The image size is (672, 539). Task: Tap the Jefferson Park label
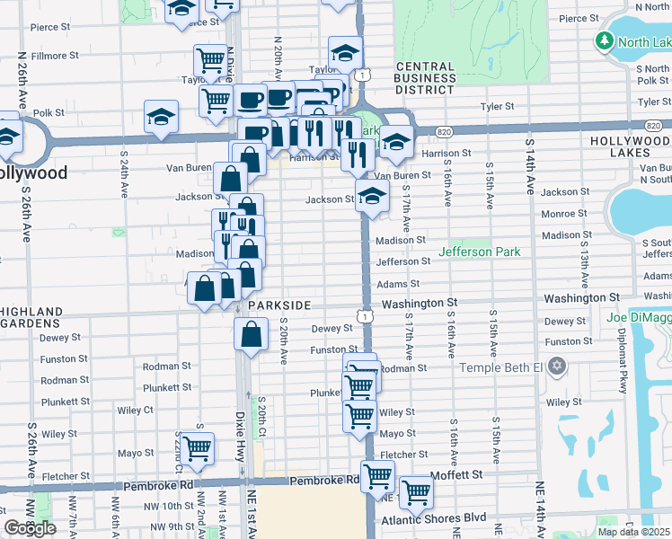(x=479, y=252)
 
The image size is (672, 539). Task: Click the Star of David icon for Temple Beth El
(x=558, y=367)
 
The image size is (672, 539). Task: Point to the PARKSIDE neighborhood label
(x=279, y=305)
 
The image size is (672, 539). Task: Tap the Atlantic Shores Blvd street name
(x=434, y=518)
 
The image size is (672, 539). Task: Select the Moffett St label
(x=460, y=473)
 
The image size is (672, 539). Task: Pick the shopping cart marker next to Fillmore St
(x=210, y=60)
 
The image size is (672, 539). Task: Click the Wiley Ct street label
(x=135, y=411)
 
